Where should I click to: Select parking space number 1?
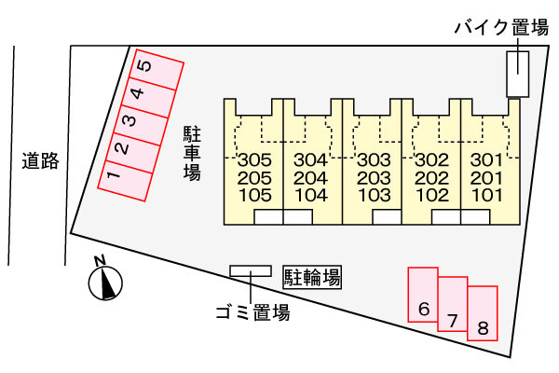pos(125,181)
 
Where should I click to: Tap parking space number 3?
pos(141,125)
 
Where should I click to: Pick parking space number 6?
pos(423,295)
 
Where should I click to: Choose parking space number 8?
pos(483,313)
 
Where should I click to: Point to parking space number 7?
pos(453,304)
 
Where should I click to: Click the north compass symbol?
pos(105,280)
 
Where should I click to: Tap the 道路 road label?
pos(40,161)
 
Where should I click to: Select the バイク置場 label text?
pos(501,27)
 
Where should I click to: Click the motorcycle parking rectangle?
pos(518,74)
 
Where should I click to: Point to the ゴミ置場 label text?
pos(252,312)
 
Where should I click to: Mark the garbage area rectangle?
pos(251,271)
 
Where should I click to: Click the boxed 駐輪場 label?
pos(312,277)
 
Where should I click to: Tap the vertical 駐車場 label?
pos(192,153)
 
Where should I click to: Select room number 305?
pos(254,159)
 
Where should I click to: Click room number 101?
pos(486,195)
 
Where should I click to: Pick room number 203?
pos(374,178)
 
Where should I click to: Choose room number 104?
pos(311,195)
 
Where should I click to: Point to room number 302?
pos(432,159)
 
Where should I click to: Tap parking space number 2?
pos(133,153)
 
